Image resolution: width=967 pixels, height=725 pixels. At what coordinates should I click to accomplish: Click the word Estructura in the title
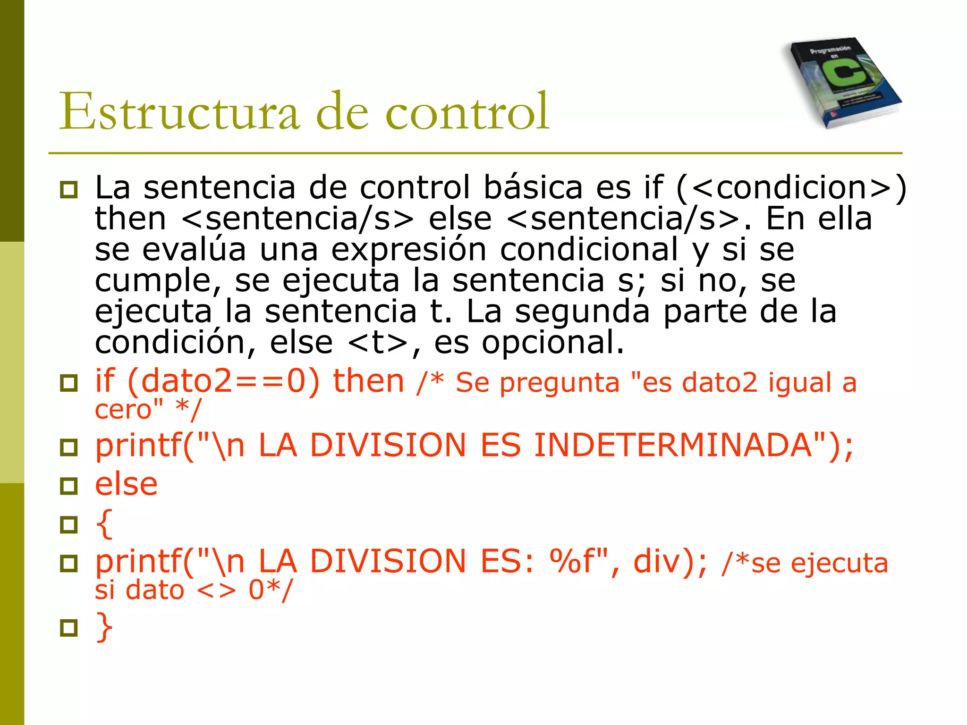179,111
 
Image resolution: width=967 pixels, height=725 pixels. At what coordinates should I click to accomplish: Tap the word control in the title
467,111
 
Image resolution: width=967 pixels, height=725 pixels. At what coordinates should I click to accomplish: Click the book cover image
843,82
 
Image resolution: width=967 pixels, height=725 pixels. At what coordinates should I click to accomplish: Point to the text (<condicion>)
791,187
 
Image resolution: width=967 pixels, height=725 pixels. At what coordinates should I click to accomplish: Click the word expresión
408,249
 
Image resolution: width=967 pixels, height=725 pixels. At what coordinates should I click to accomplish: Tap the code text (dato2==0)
223,381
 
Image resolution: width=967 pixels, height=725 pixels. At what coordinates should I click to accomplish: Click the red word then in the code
368,381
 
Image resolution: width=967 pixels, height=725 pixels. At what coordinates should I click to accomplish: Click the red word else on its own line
126,485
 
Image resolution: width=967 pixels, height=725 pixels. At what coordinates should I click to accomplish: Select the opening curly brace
104,523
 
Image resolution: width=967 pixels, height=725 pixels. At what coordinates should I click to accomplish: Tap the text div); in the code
670,561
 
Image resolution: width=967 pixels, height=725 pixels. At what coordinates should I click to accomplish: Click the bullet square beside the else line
69,486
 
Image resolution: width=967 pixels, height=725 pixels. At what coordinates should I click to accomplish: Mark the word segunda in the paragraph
582,312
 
